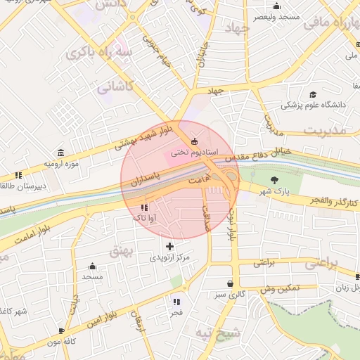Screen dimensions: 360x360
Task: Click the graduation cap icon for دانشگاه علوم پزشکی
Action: point(312,95)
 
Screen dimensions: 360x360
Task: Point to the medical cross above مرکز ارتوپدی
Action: point(169,247)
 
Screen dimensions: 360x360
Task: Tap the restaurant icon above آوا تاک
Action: point(144,208)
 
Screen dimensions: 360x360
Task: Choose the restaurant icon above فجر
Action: point(176,302)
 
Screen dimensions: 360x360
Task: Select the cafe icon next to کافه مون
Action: point(62,330)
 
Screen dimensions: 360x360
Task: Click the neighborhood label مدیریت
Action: point(326,130)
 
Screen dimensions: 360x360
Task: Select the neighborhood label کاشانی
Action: point(114,88)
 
